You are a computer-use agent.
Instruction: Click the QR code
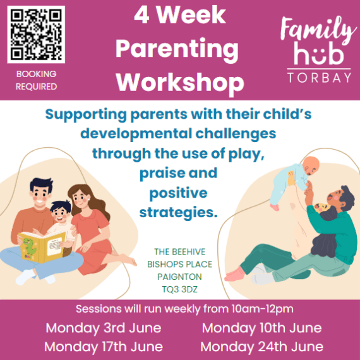[36, 34]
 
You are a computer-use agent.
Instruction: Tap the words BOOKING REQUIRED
[36, 80]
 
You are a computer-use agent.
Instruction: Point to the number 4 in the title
[141, 16]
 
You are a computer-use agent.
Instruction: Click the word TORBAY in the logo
[319, 78]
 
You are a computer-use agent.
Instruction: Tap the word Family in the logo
[318, 30]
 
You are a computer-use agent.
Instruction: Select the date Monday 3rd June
[103, 328]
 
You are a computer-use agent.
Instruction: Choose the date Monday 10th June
[261, 328]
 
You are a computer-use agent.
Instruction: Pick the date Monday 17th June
[104, 347]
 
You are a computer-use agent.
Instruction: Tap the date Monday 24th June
[261, 347]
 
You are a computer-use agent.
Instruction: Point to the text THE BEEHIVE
[179, 251]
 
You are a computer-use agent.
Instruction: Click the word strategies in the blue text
[179, 212]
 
